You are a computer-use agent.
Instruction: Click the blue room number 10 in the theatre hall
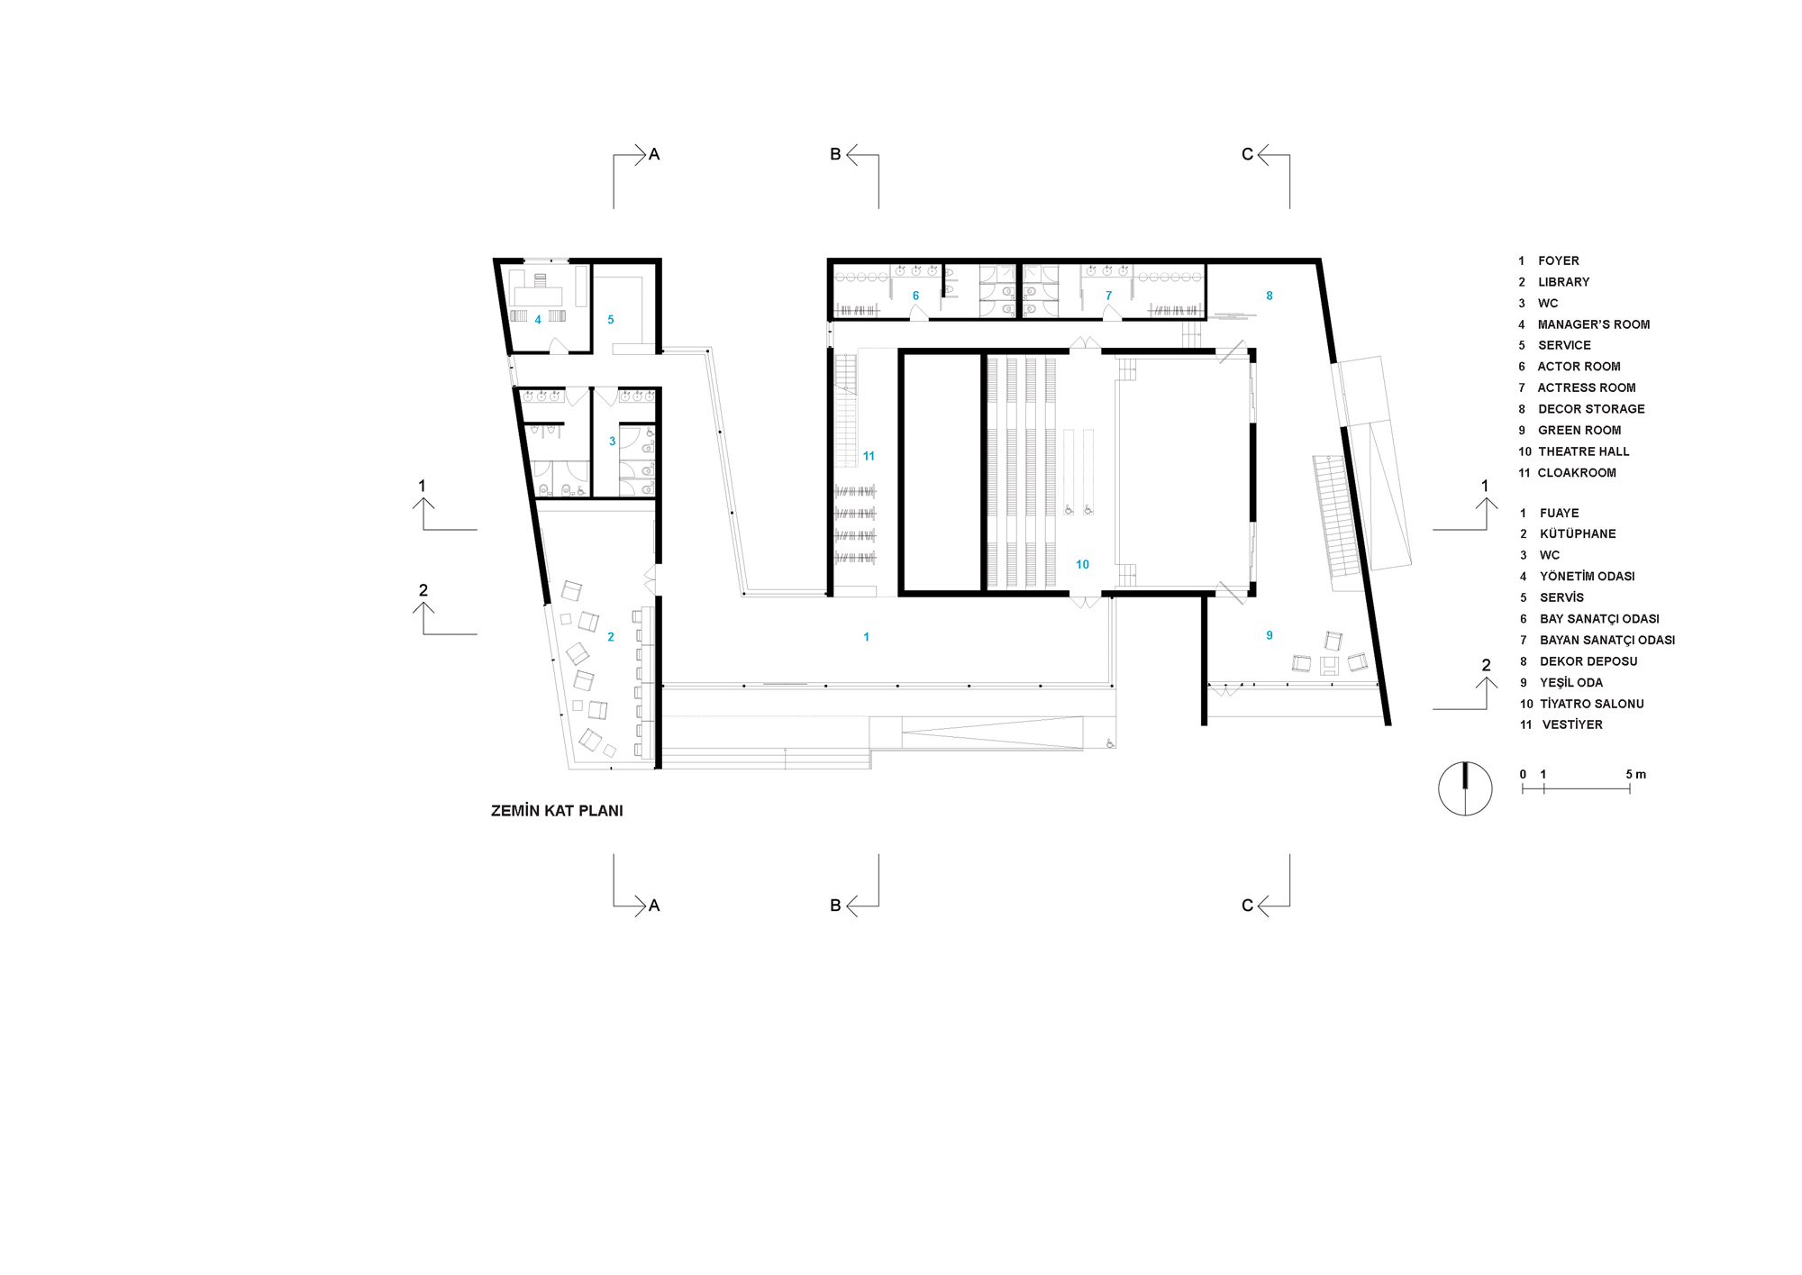pos(1082,564)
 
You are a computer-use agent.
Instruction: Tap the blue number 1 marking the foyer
pos(866,637)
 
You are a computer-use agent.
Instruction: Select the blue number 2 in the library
pos(610,637)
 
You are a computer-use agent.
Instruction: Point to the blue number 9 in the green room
pos(1270,635)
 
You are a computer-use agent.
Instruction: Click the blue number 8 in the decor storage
pos(1270,296)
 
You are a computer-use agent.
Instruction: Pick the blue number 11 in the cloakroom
pos(869,456)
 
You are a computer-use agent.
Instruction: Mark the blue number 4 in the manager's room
pos(538,320)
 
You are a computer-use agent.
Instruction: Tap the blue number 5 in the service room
pos(610,320)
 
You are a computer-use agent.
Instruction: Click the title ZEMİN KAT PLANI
pos(557,811)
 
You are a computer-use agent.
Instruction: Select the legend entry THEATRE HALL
pos(1583,451)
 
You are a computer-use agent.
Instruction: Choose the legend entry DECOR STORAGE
pos(1591,409)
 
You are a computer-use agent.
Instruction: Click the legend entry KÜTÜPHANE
pos(1578,533)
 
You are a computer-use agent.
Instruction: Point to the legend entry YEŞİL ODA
pos(1571,682)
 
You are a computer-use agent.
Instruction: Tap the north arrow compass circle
pos(1465,789)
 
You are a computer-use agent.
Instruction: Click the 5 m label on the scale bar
pos(1635,775)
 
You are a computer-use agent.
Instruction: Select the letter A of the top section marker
pos(654,155)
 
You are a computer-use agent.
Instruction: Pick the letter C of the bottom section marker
pos(1247,906)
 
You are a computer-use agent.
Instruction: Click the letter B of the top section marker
pos(835,155)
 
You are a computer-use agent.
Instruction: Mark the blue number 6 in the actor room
pos(915,296)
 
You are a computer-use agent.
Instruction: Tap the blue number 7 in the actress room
pos(1108,296)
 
